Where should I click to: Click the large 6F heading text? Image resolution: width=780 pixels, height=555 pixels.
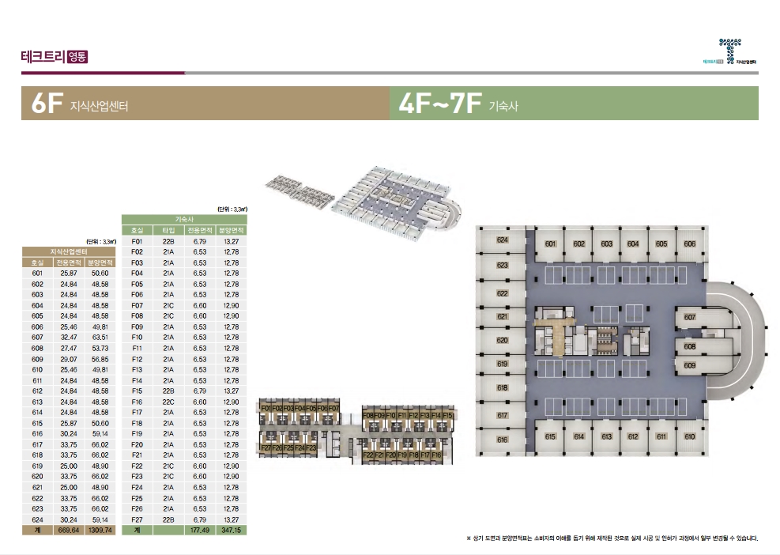click(43, 104)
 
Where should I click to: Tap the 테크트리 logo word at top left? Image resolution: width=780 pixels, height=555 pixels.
click(43, 56)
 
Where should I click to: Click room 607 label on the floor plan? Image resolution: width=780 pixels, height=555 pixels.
click(689, 317)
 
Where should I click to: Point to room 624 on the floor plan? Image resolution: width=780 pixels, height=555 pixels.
click(502, 240)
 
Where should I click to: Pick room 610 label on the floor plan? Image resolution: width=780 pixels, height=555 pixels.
click(689, 436)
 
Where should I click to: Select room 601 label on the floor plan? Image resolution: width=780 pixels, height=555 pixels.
click(551, 244)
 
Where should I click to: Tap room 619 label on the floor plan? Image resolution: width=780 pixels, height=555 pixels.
click(502, 364)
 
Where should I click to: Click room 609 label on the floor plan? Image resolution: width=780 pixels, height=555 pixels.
click(689, 365)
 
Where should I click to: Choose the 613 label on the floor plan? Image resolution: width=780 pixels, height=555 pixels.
click(607, 436)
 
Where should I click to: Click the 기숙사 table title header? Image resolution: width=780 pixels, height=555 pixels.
click(185, 219)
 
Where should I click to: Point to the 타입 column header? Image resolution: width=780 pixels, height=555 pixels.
click(168, 230)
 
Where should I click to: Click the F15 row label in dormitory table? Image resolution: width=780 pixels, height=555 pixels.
click(137, 391)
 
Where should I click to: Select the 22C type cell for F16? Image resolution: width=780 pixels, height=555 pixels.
click(168, 402)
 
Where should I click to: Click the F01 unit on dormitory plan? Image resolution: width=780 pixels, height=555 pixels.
click(266, 408)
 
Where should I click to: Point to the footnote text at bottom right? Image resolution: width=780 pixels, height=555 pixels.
click(612, 538)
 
